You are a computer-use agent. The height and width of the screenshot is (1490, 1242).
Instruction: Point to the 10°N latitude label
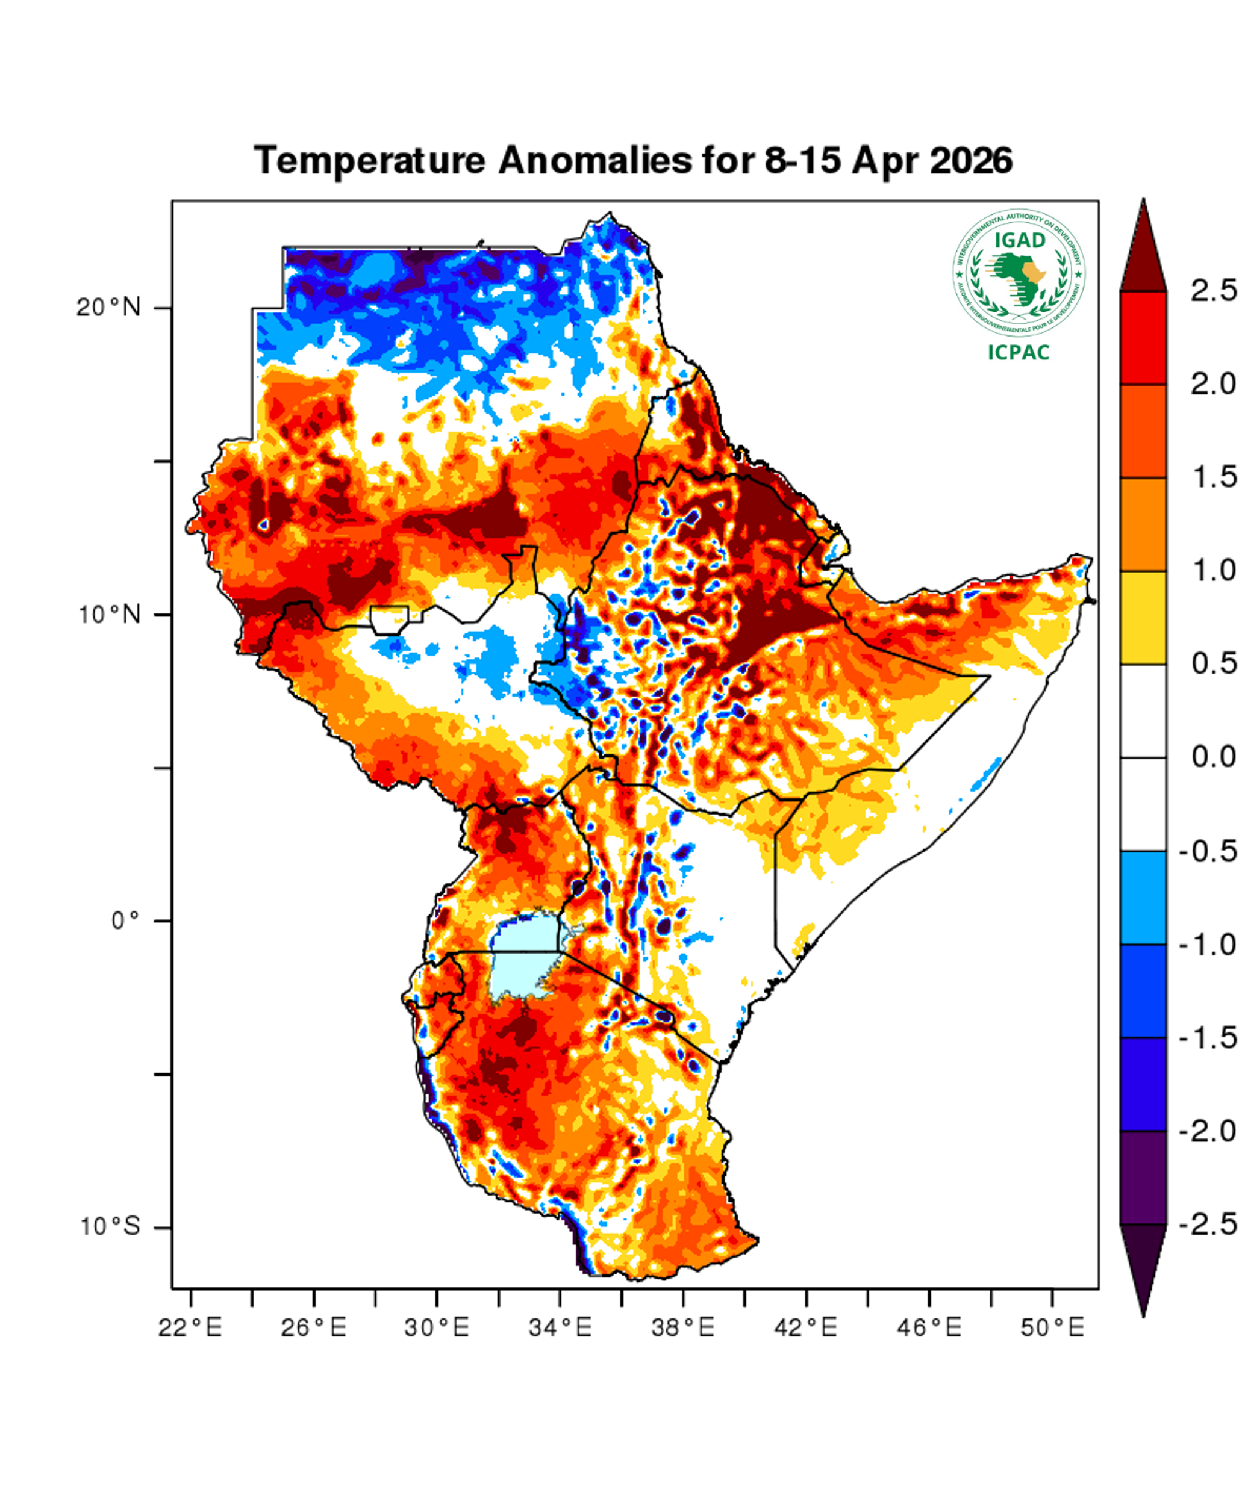pos(109,615)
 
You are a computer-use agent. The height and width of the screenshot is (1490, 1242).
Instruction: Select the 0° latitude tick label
pos(126,921)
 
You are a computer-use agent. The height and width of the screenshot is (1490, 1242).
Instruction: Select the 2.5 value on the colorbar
pos(1214,291)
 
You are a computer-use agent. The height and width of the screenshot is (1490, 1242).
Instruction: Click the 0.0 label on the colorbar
pos(1214,757)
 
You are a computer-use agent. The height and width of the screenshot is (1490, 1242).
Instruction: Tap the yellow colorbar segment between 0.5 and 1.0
pos(1143,617)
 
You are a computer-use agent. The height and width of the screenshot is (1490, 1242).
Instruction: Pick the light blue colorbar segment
pos(1143,897)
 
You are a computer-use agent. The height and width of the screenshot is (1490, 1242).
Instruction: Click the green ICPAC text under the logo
pos(1019,352)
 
